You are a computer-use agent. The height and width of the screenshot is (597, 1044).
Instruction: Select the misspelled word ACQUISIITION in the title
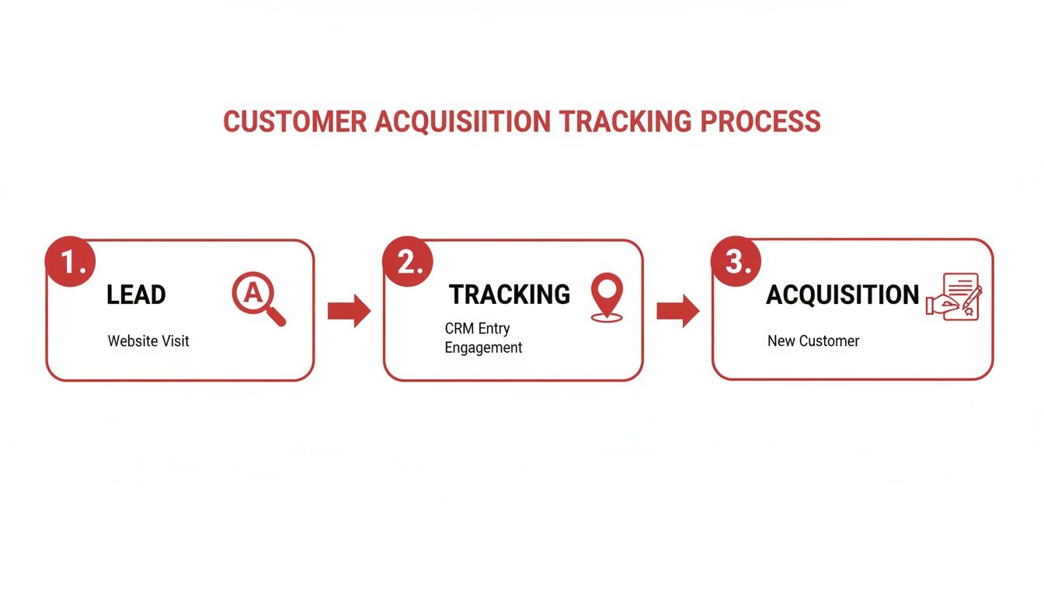click(x=463, y=122)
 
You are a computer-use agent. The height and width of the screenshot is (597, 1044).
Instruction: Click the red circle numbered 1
click(x=71, y=263)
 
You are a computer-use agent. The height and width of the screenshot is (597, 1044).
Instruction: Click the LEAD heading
click(x=136, y=295)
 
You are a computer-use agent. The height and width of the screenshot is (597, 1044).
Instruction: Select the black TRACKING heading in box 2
click(x=510, y=295)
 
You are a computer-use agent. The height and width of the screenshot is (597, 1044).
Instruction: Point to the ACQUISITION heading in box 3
click(x=843, y=295)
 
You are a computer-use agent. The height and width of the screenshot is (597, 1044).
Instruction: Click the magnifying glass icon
click(x=258, y=298)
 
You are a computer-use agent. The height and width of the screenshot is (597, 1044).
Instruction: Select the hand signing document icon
click(x=955, y=297)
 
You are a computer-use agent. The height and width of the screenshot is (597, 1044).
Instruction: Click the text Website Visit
click(x=148, y=341)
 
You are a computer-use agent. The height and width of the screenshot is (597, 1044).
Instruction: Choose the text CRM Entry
click(x=477, y=329)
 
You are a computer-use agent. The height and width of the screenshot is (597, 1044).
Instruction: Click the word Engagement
click(x=483, y=348)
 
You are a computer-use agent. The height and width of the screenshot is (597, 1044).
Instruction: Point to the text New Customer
click(x=813, y=341)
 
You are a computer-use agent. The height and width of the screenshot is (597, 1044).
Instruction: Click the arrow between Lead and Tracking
click(x=349, y=311)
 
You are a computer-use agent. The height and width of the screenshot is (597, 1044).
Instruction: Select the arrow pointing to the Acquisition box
click(x=677, y=311)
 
